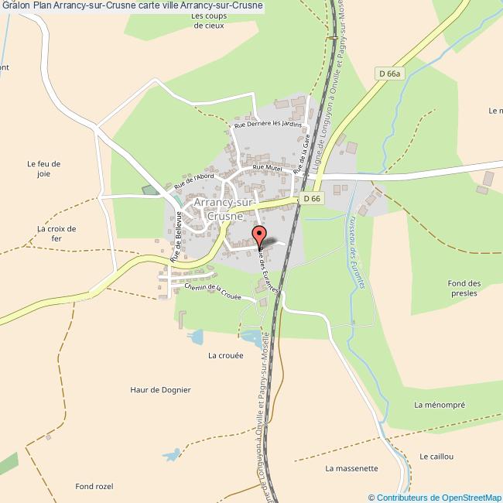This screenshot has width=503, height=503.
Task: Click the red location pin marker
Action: pos(260,237)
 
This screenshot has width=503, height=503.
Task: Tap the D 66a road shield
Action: pos(392,74)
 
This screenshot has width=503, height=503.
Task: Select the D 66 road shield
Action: pos(312,199)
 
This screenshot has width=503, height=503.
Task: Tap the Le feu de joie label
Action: pos(43,169)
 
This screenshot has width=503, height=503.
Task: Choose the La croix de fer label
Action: pos(56,234)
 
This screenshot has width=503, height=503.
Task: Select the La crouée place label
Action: pos(225,357)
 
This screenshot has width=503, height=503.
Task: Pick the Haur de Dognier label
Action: pos(160,389)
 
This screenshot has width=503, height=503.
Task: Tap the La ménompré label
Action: pos(440,404)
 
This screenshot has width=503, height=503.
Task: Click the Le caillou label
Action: pos(436,457)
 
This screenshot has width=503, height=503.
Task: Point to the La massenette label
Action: pos(351,468)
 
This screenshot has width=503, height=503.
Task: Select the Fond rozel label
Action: pos(94,486)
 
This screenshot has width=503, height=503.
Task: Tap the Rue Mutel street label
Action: pos(268,167)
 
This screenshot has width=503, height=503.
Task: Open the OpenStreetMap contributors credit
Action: pos(435,497)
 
